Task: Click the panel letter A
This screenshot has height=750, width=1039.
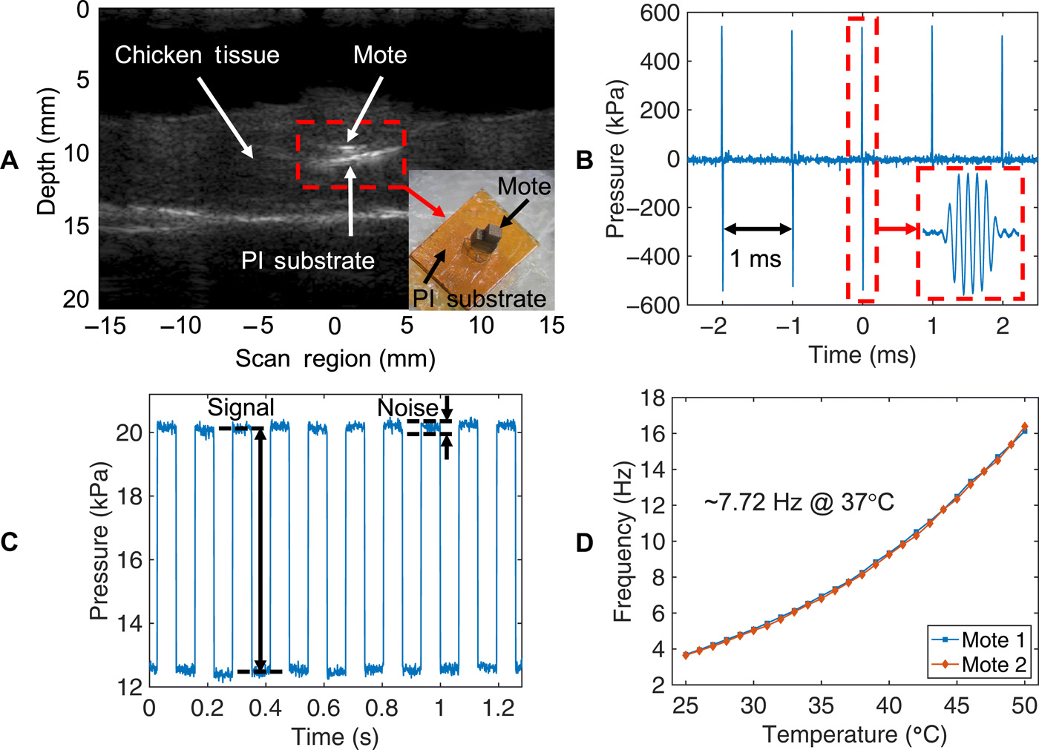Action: [x=10, y=159]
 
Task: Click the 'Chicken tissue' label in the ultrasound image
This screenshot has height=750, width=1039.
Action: [x=197, y=55]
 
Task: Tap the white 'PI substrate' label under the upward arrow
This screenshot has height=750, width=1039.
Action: [x=307, y=260]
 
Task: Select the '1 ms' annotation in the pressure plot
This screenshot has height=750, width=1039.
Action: [x=756, y=258]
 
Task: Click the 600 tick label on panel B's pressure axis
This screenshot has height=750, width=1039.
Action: [x=661, y=13]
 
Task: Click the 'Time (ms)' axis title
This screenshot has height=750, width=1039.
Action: [x=862, y=355]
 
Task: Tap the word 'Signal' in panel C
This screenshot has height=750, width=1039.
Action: [x=240, y=407]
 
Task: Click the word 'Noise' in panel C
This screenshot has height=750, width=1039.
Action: [x=407, y=407]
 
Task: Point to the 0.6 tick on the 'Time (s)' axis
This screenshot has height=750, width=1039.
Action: [x=324, y=708]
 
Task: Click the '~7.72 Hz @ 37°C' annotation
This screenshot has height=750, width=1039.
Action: [x=799, y=503]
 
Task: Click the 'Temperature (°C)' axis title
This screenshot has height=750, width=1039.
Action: [x=855, y=734]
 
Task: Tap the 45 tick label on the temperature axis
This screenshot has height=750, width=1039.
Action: [x=956, y=705]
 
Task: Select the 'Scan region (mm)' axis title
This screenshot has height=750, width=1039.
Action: [x=335, y=359]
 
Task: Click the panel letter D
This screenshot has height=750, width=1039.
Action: [x=585, y=542]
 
